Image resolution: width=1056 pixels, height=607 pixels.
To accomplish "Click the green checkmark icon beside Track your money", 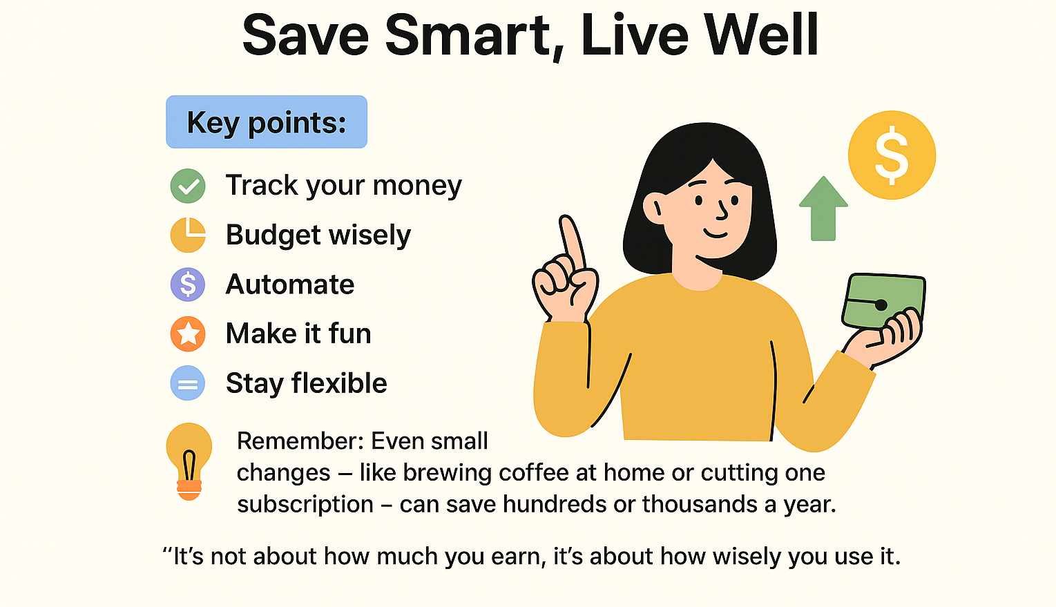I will point(188,186).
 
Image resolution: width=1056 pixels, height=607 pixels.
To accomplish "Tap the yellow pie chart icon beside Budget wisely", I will point(188,235).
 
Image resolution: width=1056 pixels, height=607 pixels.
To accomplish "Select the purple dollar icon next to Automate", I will point(188,285).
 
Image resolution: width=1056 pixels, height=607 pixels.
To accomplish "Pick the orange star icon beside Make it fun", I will point(188,334).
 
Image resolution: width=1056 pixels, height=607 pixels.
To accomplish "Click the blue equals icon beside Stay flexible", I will point(188,384).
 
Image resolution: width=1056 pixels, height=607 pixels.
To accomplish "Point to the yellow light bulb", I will point(189,456).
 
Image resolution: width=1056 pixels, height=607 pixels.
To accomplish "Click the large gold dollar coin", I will point(892,155).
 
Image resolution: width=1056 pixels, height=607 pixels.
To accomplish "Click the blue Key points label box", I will point(267,122).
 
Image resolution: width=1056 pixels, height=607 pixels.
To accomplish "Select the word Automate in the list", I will point(290,285).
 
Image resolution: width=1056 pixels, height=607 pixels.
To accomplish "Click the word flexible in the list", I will point(339,383).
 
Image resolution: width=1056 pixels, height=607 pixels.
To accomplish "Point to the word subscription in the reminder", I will point(305,504).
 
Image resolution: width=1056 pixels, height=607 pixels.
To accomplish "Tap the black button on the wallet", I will point(881,305).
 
